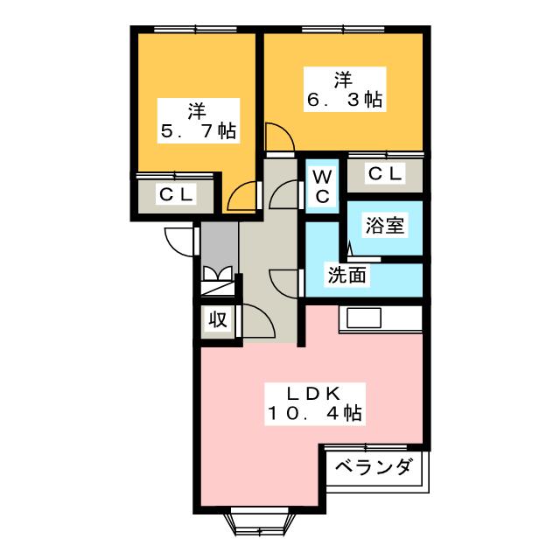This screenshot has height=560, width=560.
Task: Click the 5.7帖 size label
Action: (x=197, y=132)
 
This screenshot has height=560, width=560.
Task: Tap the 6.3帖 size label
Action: (x=344, y=100)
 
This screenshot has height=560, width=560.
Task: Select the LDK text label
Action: (x=317, y=391)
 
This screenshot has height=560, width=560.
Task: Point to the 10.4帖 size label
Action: (x=317, y=411)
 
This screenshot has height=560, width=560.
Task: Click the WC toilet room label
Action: (x=322, y=185)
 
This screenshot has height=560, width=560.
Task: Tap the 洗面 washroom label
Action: (x=347, y=275)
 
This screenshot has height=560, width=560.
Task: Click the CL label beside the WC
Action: (x=385, y=174)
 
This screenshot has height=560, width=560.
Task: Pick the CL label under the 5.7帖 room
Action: (x=175, y=194)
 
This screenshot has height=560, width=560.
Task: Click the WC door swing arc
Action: (x=284, y=195)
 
